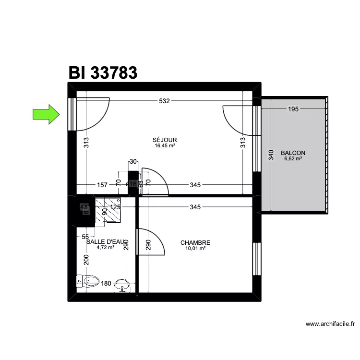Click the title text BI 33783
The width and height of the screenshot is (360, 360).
tap(103, 72)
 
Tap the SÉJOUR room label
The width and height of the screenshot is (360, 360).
tap(164, 140)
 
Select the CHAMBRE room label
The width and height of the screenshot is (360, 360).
tap(195, 243)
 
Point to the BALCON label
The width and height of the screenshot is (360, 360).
tap(293, 153)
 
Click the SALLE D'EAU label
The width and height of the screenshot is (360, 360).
tap(107, 242)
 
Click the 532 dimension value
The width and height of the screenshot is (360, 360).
tap(164, 101)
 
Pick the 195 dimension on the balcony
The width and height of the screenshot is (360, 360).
tap(294, 109)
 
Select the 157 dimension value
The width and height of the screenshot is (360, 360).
tap(102, 185)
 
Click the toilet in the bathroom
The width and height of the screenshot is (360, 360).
tap(88, 281)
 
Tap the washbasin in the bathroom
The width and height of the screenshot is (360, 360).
tap(124, 287)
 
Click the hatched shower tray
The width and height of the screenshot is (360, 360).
tap(108, 211)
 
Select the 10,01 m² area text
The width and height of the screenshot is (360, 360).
tap(195, 249)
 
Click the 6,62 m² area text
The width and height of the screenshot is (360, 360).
tap(293, 159)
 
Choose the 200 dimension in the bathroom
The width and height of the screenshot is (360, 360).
tap(86, 260)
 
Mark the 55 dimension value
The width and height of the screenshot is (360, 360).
tap(85, 237)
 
